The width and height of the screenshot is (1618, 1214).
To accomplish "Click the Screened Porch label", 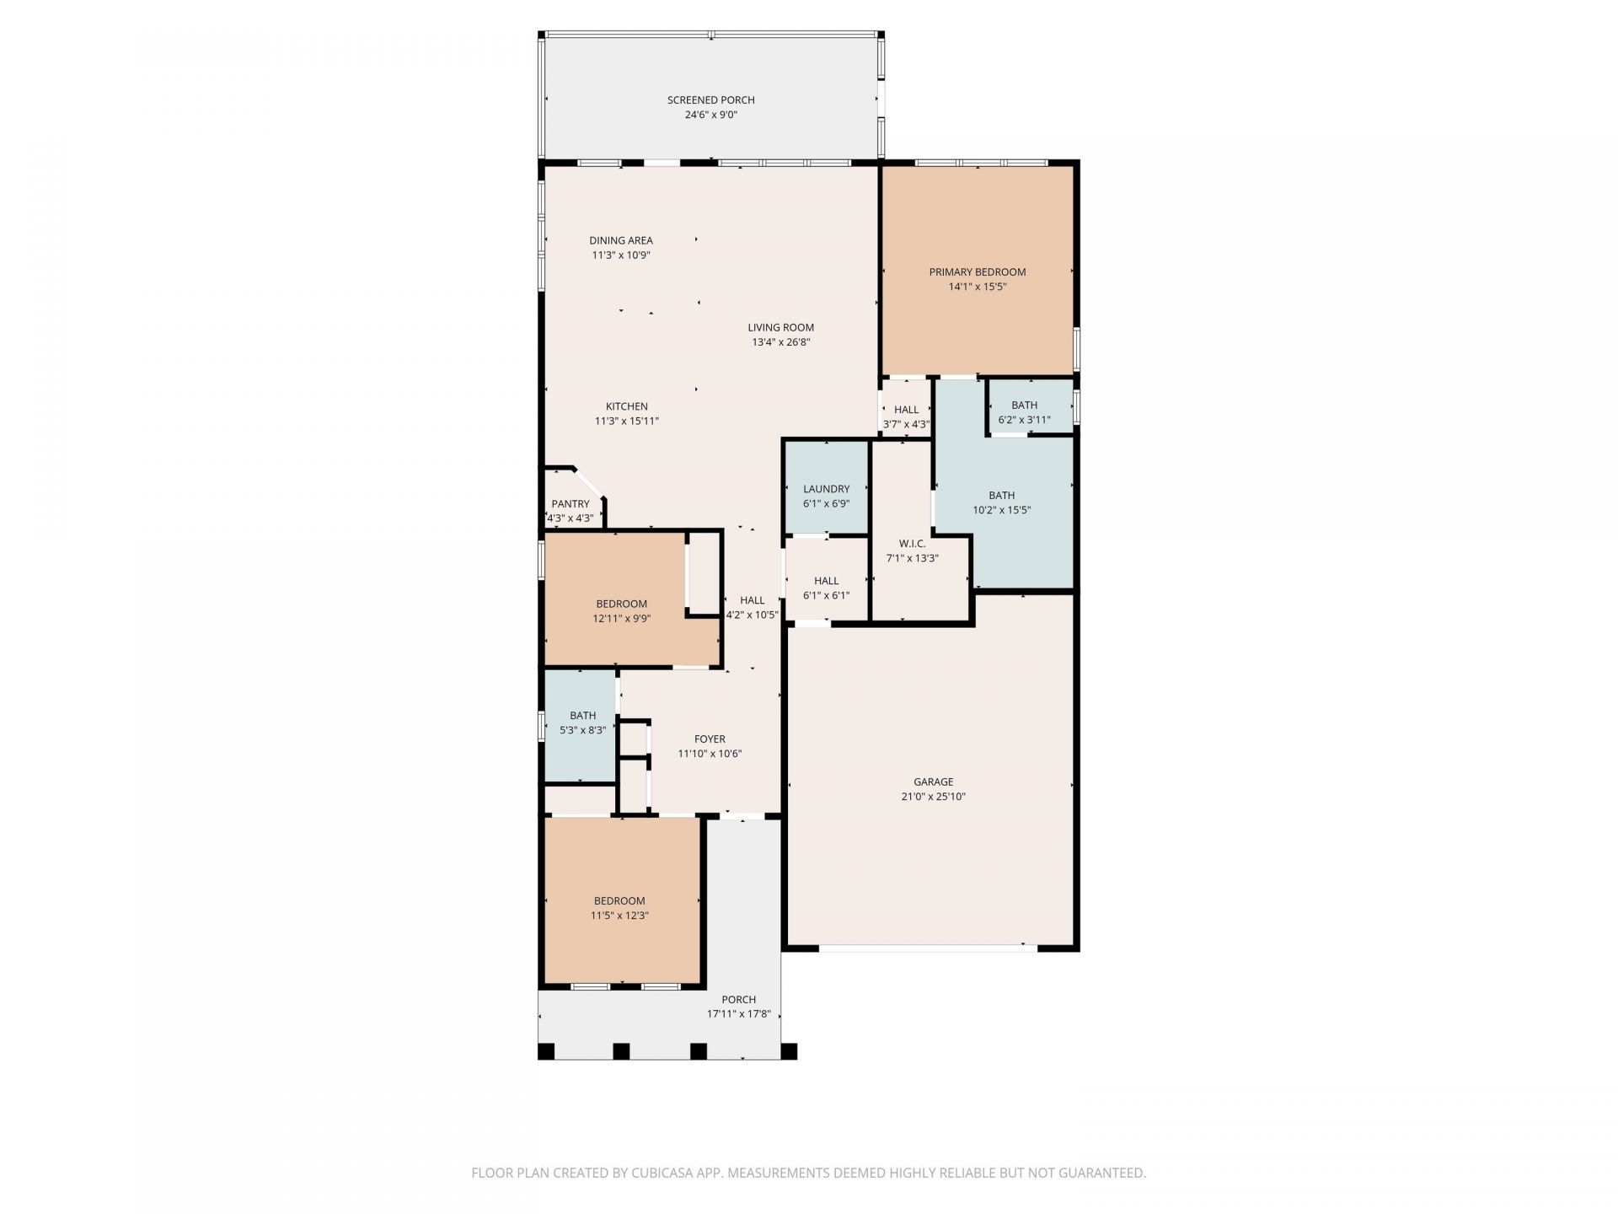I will tap(710, 100).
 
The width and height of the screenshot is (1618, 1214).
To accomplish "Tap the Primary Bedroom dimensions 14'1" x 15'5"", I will tap(978, 287).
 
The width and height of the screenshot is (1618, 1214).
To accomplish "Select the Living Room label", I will tap(780, 328).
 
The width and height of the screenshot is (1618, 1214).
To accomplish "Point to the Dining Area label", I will tap(621, 240).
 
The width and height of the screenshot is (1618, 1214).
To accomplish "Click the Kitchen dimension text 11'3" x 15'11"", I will tap(627, 421).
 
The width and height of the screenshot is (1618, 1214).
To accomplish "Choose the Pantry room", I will tap(571, 504).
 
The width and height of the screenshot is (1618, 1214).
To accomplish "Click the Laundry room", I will tap(826, 489).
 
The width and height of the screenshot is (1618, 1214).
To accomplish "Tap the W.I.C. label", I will tap(912, 544).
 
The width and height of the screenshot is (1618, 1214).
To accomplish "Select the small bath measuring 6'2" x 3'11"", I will tap(1024, 406).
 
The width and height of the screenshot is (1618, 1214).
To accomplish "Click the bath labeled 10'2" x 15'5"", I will tap(1001, 496).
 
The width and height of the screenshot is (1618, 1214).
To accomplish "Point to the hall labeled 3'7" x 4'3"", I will tap(906, 410).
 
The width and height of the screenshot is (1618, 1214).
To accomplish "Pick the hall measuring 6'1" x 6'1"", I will tap(826, 581).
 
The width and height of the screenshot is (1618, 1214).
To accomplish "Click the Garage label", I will tap(933, 782).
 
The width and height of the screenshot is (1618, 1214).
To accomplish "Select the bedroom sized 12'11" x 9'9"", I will tap(621, 604).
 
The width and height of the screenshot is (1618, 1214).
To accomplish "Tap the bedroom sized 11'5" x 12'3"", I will tap(619, 901).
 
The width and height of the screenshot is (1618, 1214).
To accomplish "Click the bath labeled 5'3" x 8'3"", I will tap(582, 716).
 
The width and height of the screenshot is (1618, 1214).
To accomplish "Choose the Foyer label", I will tap(710, 739).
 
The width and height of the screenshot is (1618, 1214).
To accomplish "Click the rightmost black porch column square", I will tap(789, 1051).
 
